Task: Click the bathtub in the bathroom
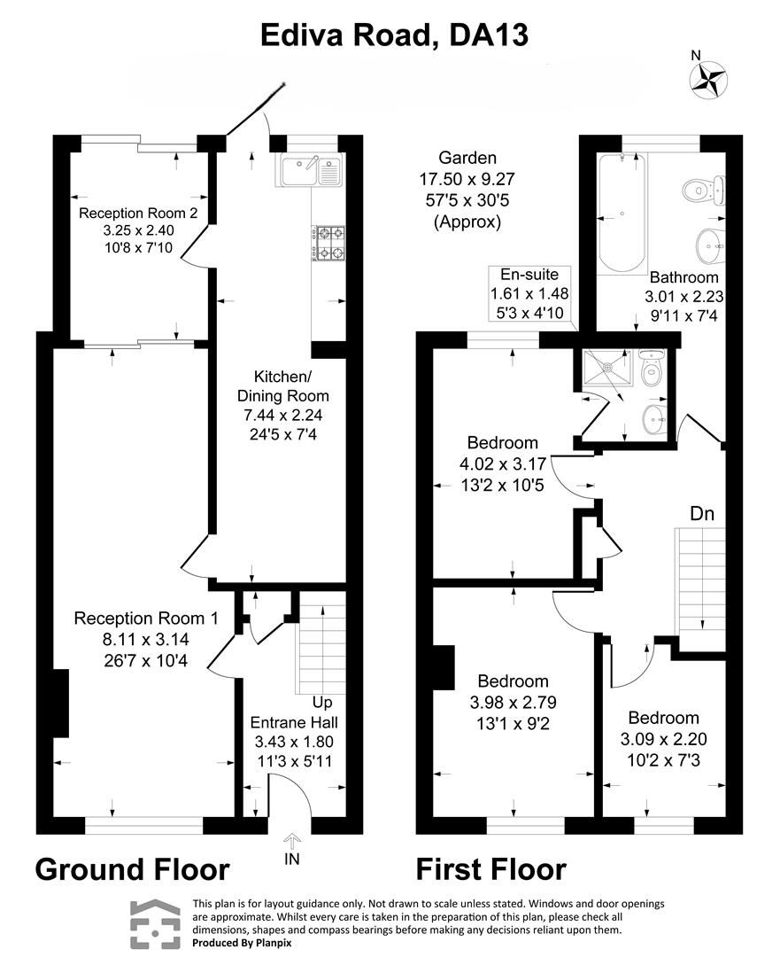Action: click(x=622, y=214)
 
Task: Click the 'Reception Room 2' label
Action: click(x=131, y=214)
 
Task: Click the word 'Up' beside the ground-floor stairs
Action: click(x=322, y=702)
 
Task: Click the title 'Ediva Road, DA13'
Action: click(x=394, y=35)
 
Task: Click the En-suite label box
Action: click(x=530, y=293)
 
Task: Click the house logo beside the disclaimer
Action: click(x=157, y=924)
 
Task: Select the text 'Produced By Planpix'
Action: click(x=242, y=944)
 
